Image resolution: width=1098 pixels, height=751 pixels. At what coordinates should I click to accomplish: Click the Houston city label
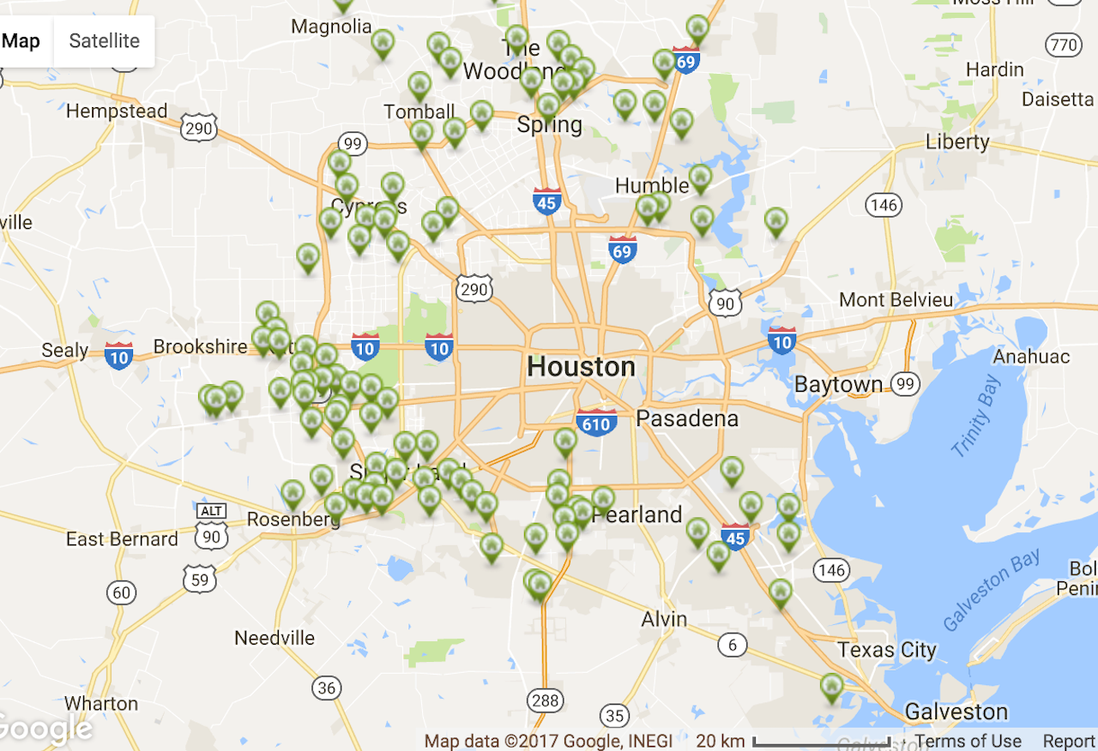pos(581,367)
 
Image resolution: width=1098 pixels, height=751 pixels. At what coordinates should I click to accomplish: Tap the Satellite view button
pos(104,41)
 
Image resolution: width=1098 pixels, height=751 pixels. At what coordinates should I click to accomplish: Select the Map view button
pos(22,41)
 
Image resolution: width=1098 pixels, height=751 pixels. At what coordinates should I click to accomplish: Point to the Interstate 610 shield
pos(595,422)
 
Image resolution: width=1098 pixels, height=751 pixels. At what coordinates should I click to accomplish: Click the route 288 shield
pos(545,700)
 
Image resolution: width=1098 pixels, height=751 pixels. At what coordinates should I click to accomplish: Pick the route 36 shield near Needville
pos(326,687)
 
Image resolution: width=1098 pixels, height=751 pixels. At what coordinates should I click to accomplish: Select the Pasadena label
pos(686,418)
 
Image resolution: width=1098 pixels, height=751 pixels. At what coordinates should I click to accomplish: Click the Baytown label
pos(838,384)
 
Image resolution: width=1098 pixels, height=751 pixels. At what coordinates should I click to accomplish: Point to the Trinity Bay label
pos(976,416)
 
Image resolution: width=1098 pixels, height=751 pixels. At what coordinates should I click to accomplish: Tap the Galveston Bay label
pos(992,591)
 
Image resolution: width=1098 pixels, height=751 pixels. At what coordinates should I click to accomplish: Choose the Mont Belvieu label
pos(896,300)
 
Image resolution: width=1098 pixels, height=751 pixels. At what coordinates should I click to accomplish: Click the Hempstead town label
pos(117,111)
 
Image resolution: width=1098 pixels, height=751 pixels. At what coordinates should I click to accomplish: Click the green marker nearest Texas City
pos(831,687)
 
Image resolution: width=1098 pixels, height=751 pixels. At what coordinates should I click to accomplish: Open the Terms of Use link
pos(968,741)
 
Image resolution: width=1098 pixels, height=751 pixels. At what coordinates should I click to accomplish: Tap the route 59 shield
pos(199,580)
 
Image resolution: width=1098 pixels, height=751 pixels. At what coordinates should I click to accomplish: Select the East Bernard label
pos(122,539)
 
